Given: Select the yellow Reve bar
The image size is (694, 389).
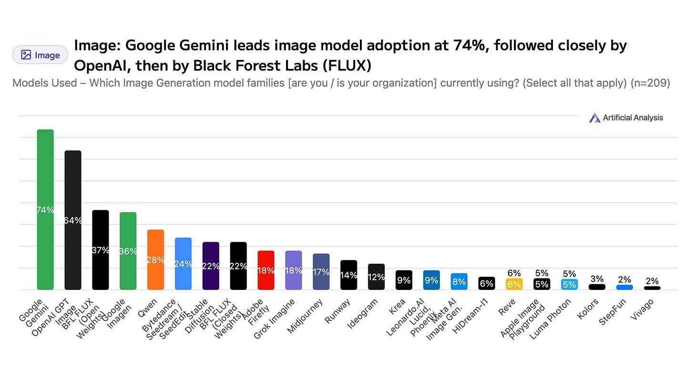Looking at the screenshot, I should coord(514,284).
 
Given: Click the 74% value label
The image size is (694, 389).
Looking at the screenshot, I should coord(45,210).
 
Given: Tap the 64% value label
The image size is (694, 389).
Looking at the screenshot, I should coord(73,220).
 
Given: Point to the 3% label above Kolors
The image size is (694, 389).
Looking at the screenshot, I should coord(597,279).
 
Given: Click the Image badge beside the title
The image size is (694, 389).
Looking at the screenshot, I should coord(40,55).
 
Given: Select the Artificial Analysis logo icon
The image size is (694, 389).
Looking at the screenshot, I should coord(594,118).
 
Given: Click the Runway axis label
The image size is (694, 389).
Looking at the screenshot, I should coord(337,311).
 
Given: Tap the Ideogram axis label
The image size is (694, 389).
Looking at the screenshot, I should coord(362,313).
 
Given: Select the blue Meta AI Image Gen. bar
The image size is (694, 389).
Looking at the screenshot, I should coord(459,281).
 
